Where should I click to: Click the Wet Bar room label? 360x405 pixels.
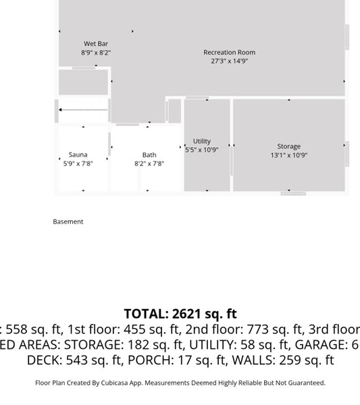[96, 44]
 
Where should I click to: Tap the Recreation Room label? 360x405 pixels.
[229, 53]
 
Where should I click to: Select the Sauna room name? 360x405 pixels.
[78, 155]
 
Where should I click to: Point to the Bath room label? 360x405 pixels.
[149, 155]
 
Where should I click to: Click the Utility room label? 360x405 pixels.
[202, 141]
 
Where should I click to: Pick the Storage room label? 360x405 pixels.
[288, 146]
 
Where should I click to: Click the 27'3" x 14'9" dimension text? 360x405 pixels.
[229, 61]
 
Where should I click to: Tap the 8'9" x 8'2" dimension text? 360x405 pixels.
[96, 53]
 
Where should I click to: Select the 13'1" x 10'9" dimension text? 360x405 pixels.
[288, 155]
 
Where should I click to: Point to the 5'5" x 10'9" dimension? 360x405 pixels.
[202, 150]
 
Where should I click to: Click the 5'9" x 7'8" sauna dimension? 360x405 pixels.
[78, 163]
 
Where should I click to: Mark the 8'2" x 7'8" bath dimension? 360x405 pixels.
[149, 163]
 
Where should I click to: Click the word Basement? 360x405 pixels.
[68, 221]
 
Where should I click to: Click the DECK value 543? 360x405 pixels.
[77, 360]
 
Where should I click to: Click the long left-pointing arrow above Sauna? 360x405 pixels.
[83, 110]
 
